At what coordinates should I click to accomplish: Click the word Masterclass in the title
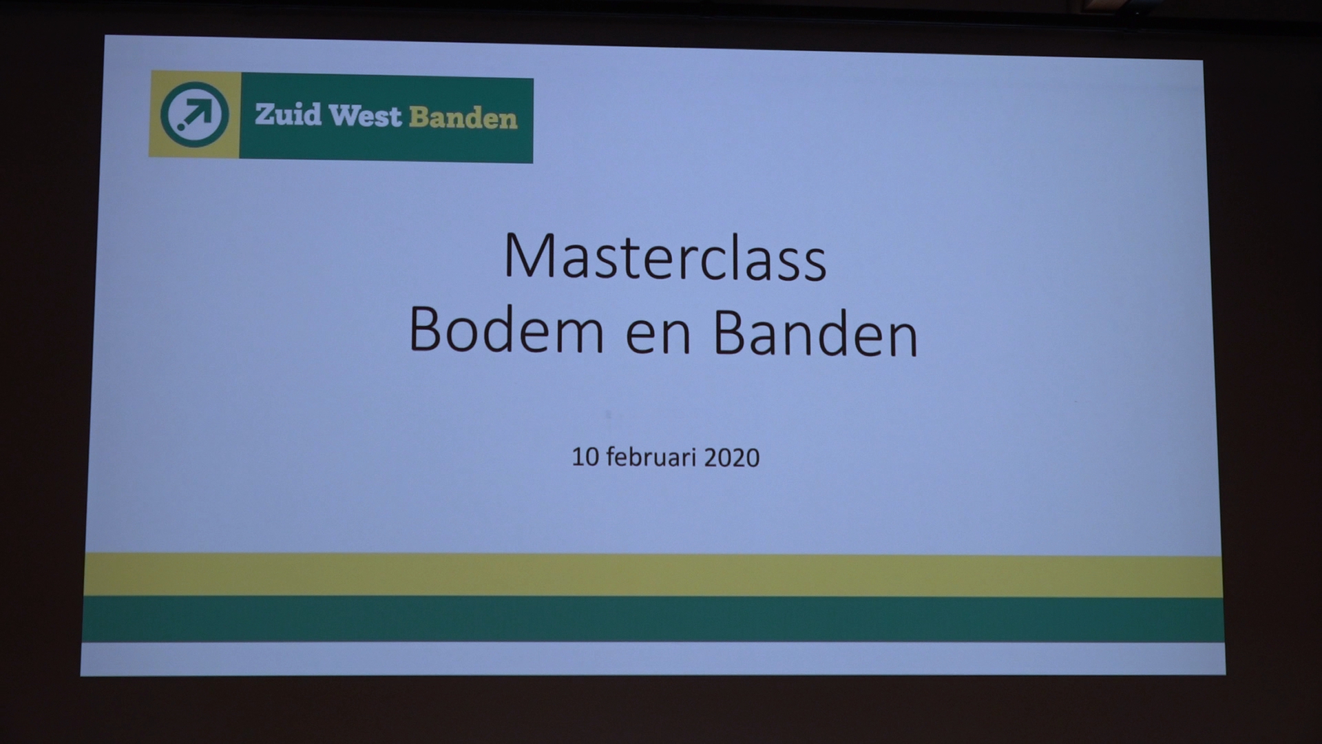[x=665, y=256]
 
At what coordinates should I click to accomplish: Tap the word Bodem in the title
[x=507, y=330]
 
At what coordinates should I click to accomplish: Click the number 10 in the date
[x=585, y=457]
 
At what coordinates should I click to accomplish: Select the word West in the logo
[x=365, y=116]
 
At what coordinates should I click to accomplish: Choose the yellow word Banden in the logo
[x=463, y=118]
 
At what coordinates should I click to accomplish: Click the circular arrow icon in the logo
[x=195, y=114]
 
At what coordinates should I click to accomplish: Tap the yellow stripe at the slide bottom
[x=653, y=575]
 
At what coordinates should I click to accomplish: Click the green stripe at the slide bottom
[x=653, y=619]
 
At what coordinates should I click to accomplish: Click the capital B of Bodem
[x=427, y=329]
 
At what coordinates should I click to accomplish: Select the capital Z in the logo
[x=265, y=114]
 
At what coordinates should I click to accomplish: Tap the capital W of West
[x=342, y=116]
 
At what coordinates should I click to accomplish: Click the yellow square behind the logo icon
[x=194, y=114]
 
